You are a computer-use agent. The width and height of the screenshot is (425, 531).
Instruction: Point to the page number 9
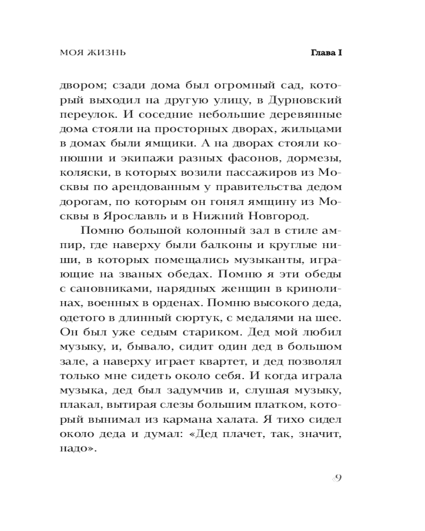(x=336, y=478)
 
